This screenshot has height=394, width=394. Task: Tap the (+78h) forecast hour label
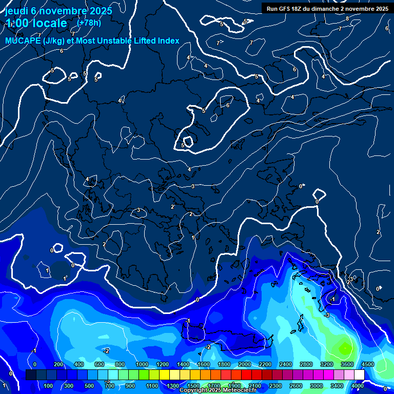pyautogui.click(x=88, y=23)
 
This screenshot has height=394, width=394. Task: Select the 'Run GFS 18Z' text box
pyautogui.click(x=327, y=9)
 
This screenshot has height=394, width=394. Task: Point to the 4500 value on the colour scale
pyautogui.click(x=367, y=364)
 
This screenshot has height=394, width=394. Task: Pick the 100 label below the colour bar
pyautogui.click(x=49, y=386)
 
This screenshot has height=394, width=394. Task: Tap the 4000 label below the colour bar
pyautogui.click(x=358, y=386)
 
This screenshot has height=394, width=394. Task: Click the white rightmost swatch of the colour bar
pyautogui.click(x=359, y=375)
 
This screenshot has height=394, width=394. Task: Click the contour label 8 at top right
pyautogui.click(x=347, y=18)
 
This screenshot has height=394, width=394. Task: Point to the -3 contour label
pyautogui.click(x=327, y=314)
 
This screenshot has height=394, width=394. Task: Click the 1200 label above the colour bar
pyautogui.click(x=163, y=364)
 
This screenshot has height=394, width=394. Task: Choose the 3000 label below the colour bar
pyautogui.click(x=316, y=386)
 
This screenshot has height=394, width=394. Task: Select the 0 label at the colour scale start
pyautogui.click(x=34, y=364)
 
